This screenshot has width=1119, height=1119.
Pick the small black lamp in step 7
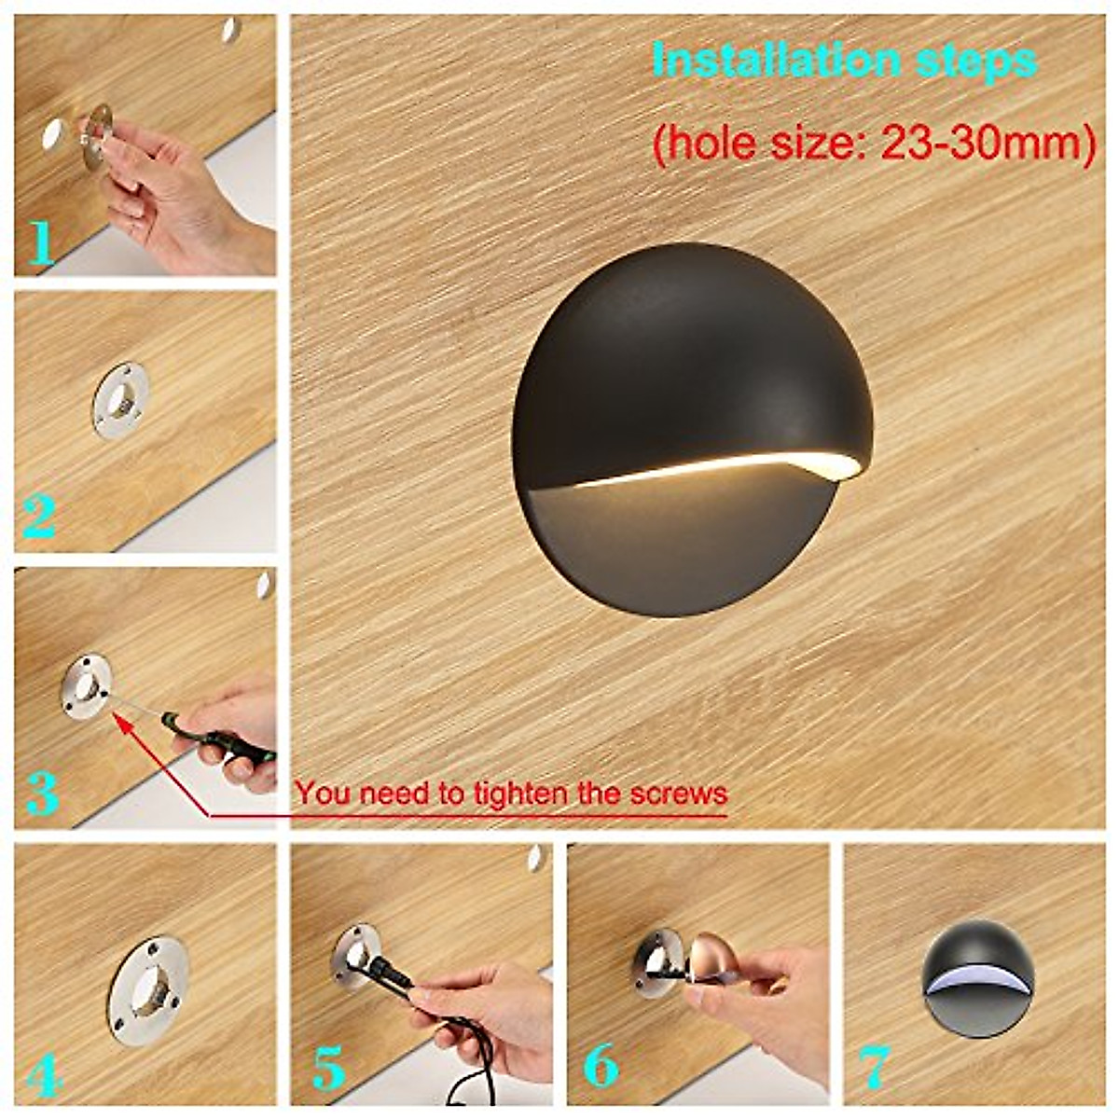(x=977, y=970)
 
